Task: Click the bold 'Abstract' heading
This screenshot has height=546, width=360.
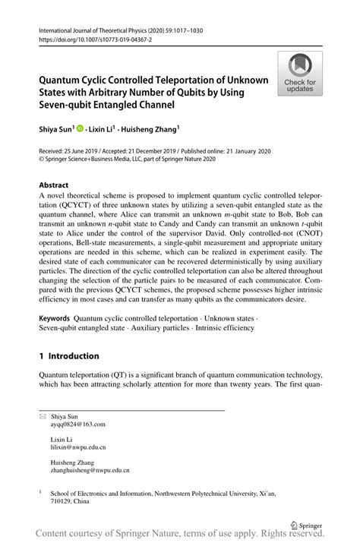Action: [54, 185]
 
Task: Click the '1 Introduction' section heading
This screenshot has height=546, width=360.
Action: [69, 356]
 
